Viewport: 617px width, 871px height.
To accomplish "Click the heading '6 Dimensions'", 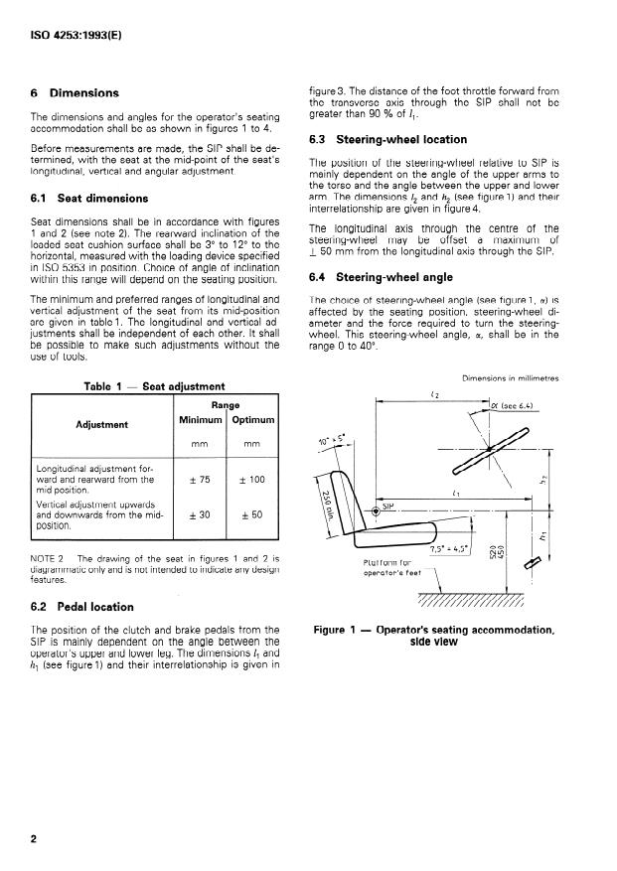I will click(75, 93).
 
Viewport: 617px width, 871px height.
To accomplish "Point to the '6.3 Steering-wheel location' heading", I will click(387, 140).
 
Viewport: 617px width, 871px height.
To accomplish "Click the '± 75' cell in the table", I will click(201, 479).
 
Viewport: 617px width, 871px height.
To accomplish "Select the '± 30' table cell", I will click(201, 515).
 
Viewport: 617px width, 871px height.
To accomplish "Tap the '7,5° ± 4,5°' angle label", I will click(451, 549).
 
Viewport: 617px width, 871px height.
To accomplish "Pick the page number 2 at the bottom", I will click(34, 839).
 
